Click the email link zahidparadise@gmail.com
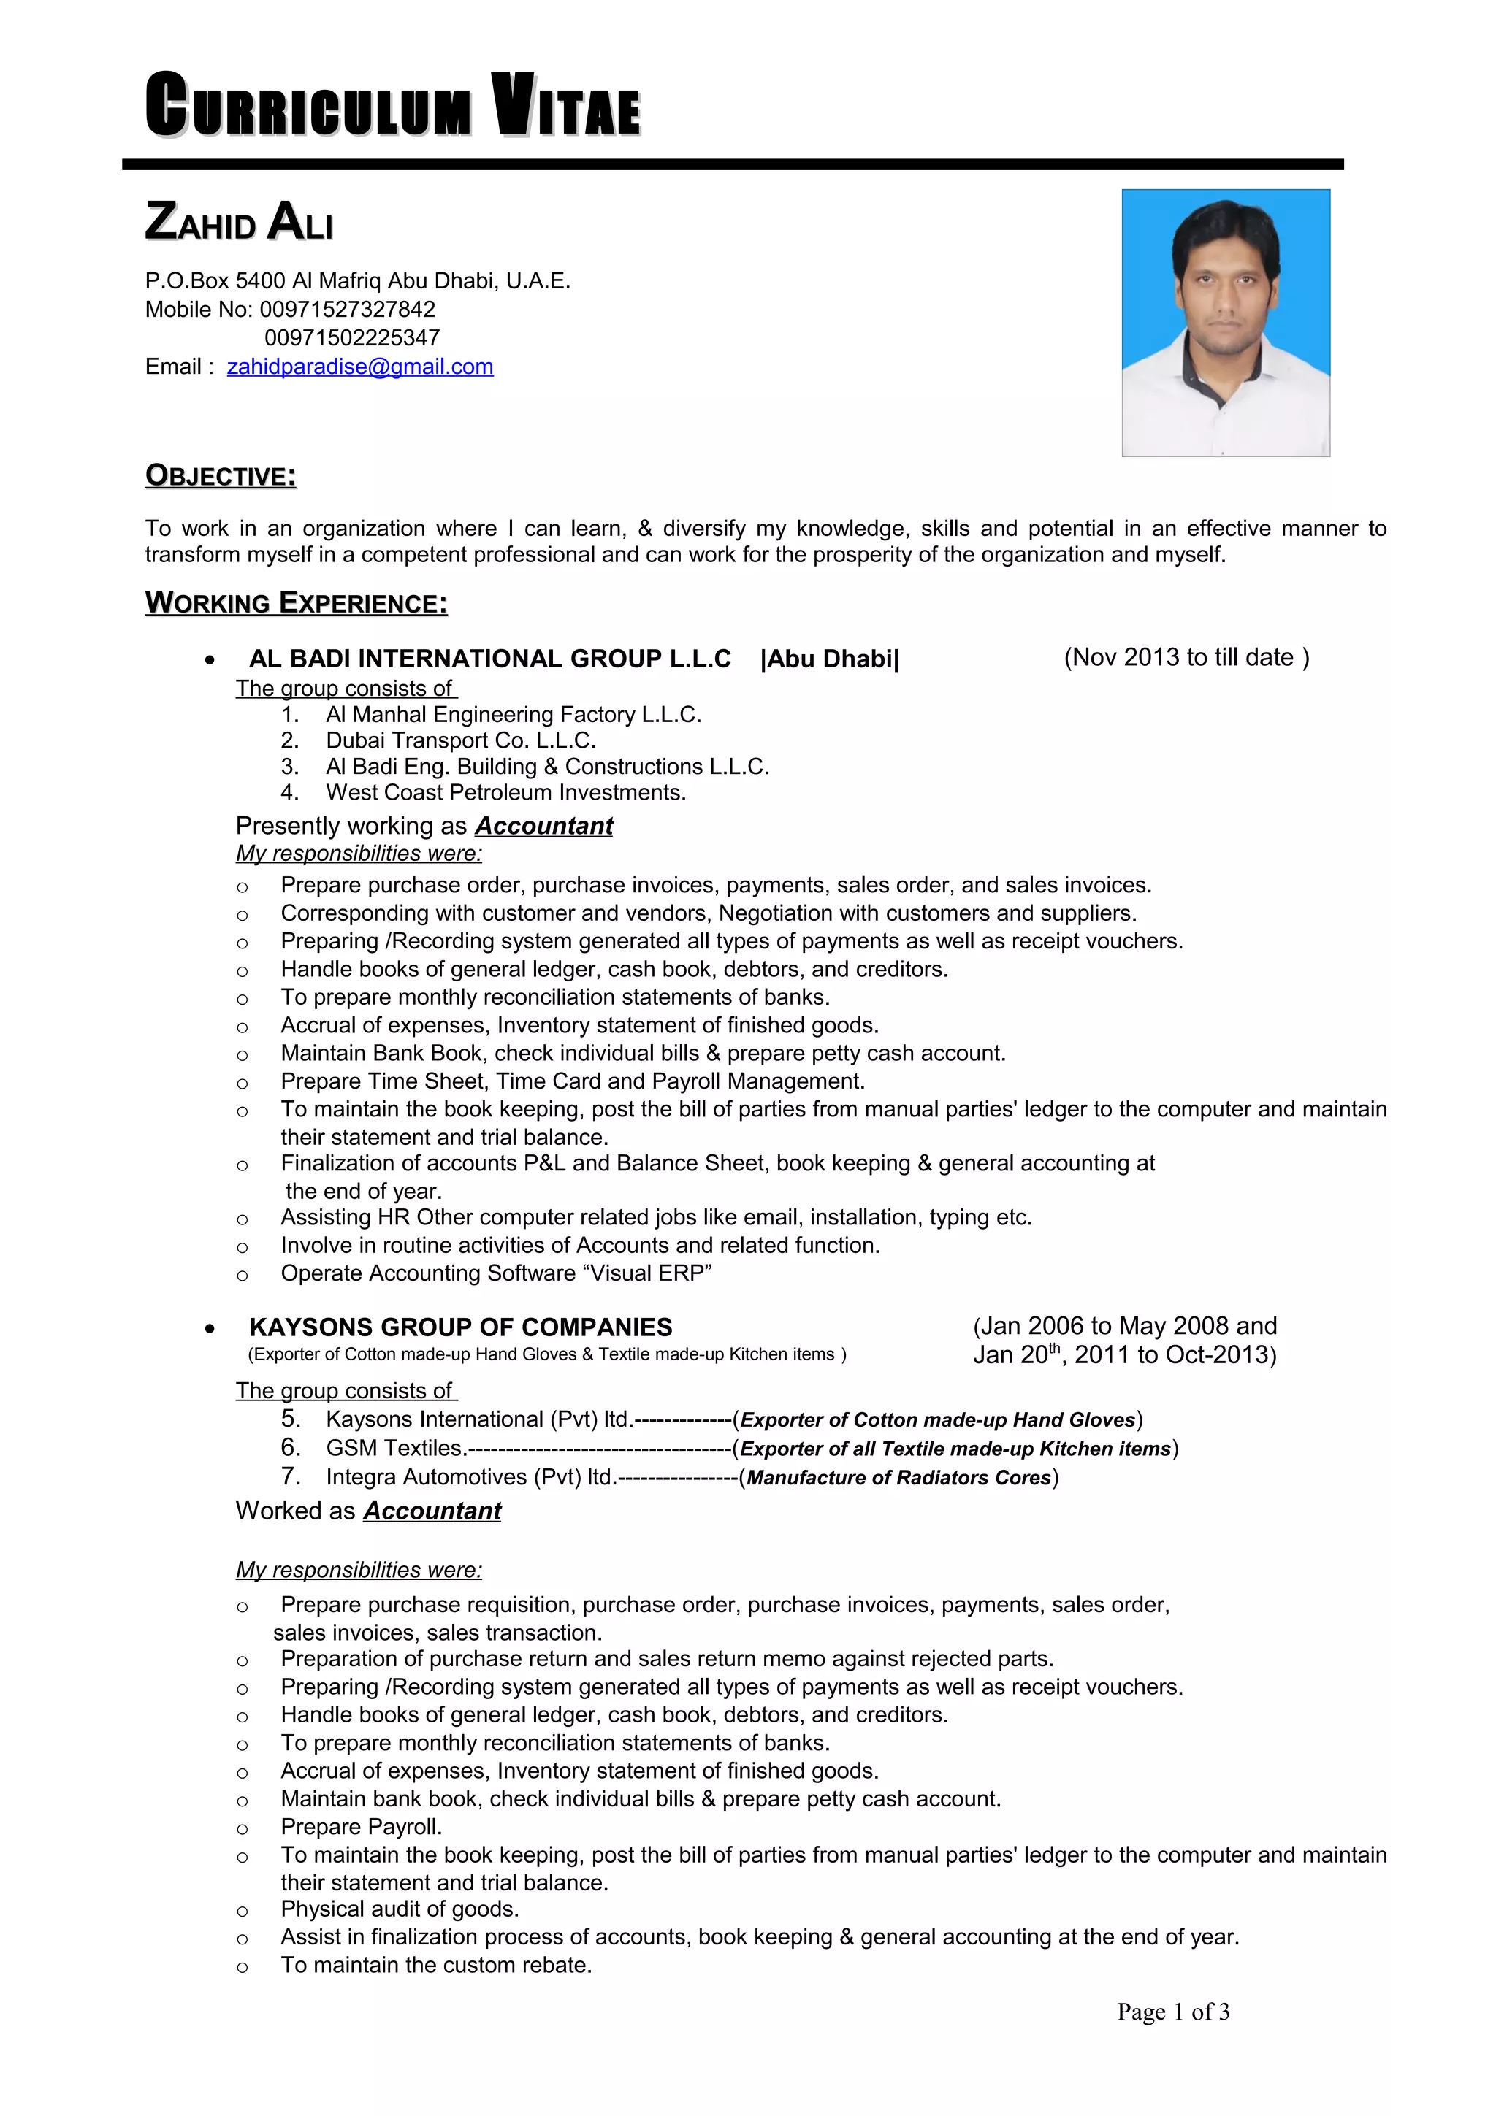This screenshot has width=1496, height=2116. (359, 367)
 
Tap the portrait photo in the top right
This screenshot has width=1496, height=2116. (1225, 323)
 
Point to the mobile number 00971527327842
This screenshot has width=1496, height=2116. (348, 310)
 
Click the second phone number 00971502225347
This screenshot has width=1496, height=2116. (352, 338)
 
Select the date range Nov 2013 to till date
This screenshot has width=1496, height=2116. (1186, 657)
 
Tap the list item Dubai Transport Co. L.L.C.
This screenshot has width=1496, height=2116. (460, 740)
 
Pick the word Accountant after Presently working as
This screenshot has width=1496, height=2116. (543, 826)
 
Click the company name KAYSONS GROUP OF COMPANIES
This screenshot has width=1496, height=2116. (460, 1327)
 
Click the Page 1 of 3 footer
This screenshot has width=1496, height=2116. (1172, 2012)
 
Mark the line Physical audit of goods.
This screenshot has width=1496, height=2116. (400, 1909)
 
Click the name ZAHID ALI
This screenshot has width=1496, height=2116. (239, 223)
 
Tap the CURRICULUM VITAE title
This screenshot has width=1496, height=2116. (393, 106)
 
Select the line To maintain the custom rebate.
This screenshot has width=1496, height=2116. (436, 1965)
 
